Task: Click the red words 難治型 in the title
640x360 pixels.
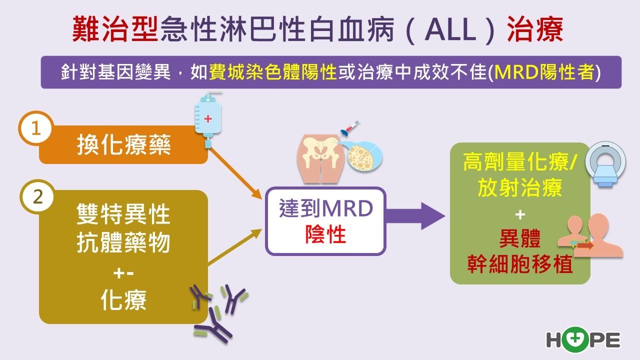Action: click(x=115, y=29)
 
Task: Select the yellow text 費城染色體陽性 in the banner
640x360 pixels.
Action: click(x=273, y=72)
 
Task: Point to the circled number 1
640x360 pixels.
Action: click(x=36, y=128)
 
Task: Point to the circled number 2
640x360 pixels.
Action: click(x=37, y=197)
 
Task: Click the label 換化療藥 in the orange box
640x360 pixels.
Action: click(x=123, y=145)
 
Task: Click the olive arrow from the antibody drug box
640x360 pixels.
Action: click(x=235, y=247)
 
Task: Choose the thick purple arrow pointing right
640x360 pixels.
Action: click(x=415, y=216)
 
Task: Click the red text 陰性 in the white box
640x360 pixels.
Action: click(x=325, y=235)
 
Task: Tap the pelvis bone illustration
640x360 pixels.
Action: click(x=320, y=158)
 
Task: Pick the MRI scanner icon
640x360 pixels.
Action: click(x=605, y=164)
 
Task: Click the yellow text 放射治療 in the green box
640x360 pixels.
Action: click(x=519, y=187)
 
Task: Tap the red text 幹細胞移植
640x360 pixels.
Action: click(x=520, y=264)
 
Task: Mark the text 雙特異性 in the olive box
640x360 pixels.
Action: click(x=123, y=214)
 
